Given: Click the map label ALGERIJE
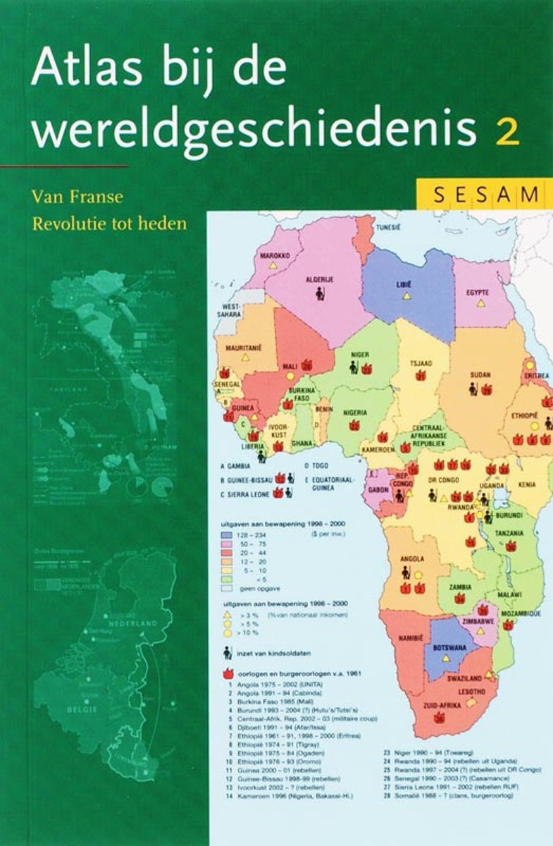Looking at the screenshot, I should tap(319, 279).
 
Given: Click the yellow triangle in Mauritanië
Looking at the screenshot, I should tap(245, 358).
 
